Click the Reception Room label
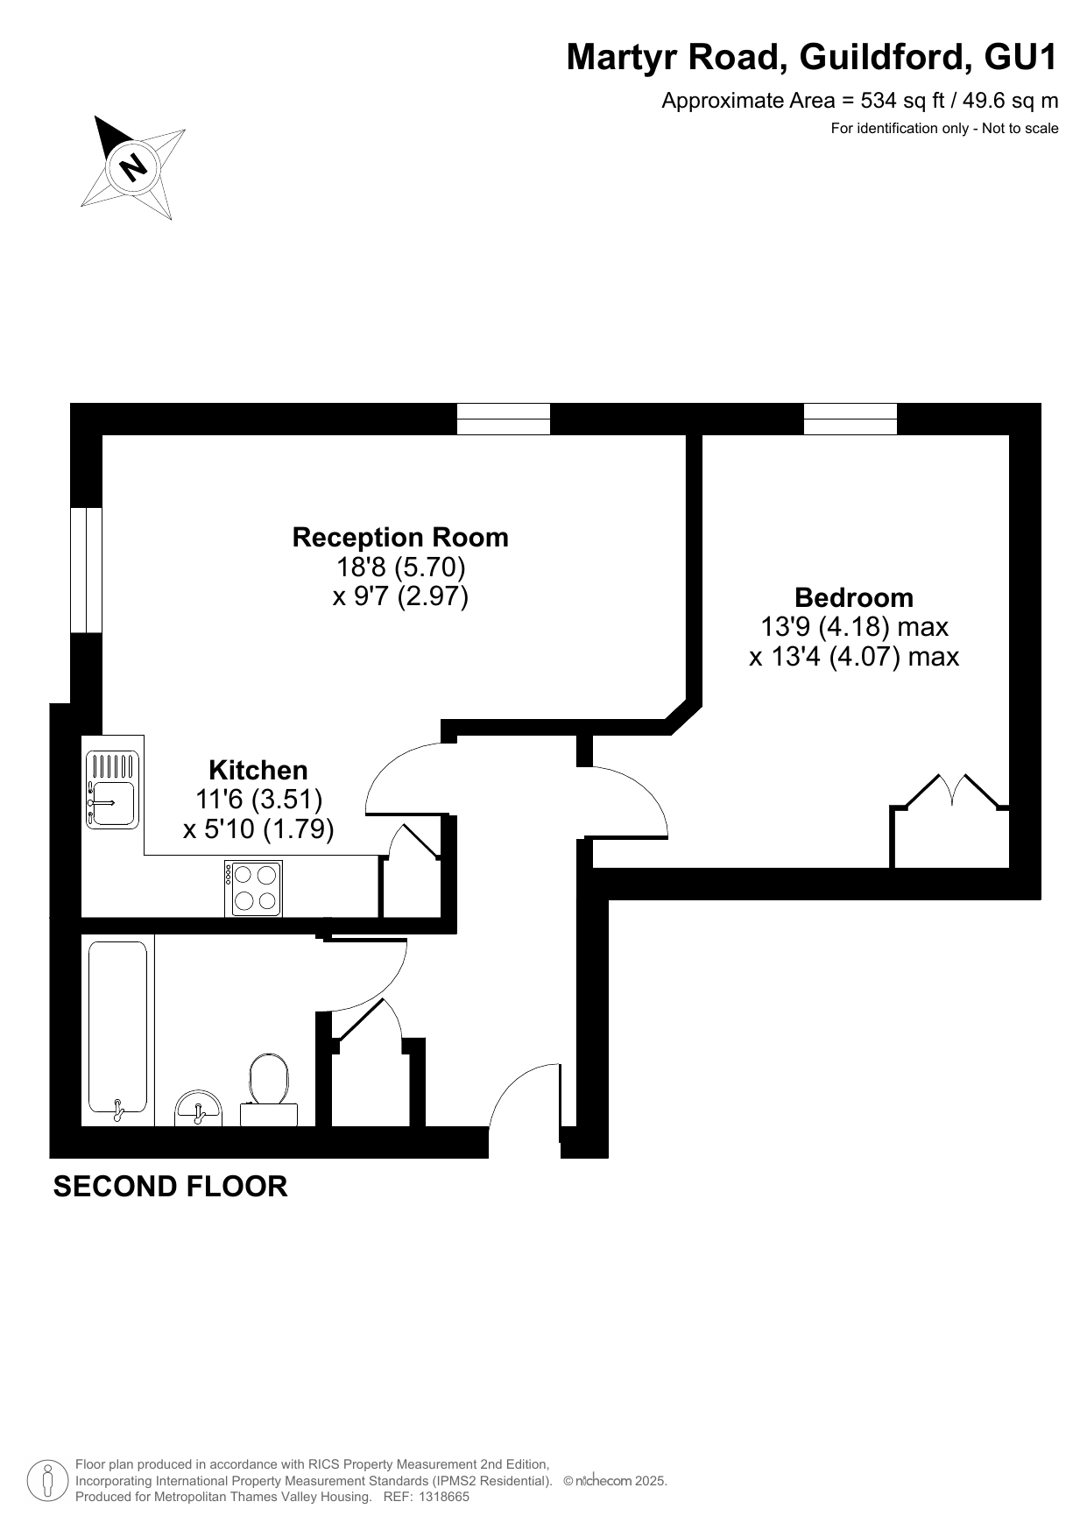[x=400, y=537]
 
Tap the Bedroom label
[x=854, y=597]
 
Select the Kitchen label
[x=258, y=770]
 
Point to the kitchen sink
[x=112, y=788]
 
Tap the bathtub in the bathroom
[x=117, y=1032]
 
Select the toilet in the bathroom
[x=269, y=1089]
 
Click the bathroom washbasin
[x=199, y=1109]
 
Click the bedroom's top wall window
[x=851, y=419]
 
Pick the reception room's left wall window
[x=87, y=569]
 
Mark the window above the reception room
[x=504, y=419]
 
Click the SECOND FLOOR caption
[x=171, y=1187]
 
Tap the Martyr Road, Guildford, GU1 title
[x=813, y=58]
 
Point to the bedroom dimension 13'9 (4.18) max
[x=854, y=627]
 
